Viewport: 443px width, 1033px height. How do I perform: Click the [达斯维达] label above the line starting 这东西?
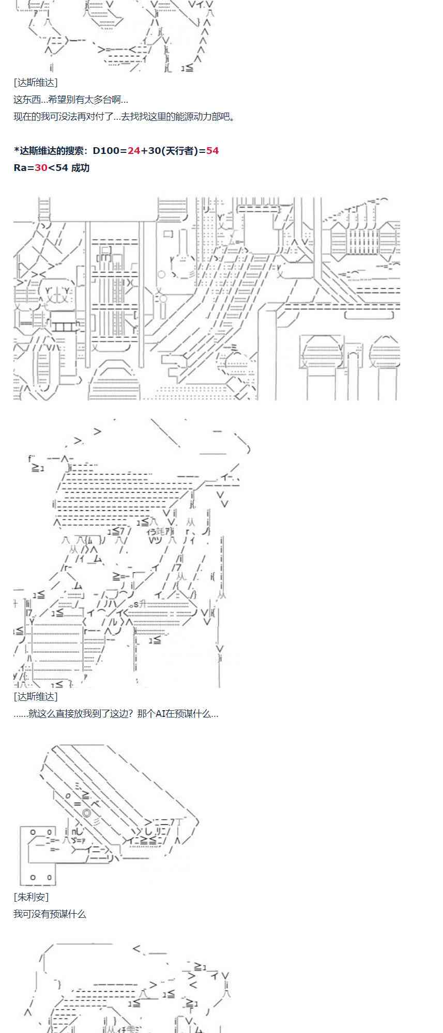pyautogui.click(x=36, y=83)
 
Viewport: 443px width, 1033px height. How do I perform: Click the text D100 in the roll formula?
pyautogui.click(x=105, y=151)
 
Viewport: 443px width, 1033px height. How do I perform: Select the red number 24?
pyautogui.click(x=134, y=151)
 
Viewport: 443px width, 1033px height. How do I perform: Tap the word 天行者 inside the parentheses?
pyautogui.click(x=177, y=151)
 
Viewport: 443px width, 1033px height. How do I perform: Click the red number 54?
pyautogui.click(x=212, y=151)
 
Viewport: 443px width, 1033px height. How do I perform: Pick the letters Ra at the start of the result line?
pyautogui.click(x=20, y=168)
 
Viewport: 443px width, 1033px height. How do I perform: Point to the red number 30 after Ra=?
pyautogui.click(x=41, y=168)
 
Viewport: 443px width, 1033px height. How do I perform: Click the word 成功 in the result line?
pyautogui.click(x=80, y=168)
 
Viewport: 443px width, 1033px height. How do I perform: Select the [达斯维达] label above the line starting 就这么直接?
pyautogui.click(x=36, y=697)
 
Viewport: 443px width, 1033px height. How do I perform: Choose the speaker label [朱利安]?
pyautogui.click(x=31, y=897)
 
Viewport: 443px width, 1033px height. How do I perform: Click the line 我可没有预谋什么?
pyautogui.click(x=50, y=914)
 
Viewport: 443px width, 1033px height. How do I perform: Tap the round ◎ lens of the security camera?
pyautogui.click(x=87, y=813)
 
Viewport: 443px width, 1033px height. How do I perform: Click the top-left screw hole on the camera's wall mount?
pyautogui.click(x=33, y=832)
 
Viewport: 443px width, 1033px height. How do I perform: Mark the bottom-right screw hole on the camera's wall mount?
pyautogui.click(x=49, y=877)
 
